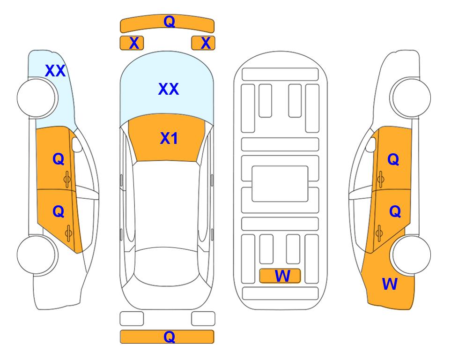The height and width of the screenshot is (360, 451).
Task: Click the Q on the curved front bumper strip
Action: (169, 22)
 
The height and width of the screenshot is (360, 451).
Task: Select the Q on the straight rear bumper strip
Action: (169, 337)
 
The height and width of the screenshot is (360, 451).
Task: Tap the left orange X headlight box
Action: (132, 43)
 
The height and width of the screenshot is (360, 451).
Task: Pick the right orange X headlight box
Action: (203, 43)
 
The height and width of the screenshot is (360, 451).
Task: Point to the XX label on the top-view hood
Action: (169, 89)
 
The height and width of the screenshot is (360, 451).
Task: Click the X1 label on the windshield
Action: (169, 138)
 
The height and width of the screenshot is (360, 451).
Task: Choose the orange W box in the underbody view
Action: (280, 276)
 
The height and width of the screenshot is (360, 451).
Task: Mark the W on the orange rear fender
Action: (390, 284)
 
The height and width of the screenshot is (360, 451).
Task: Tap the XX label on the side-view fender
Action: (55, 71)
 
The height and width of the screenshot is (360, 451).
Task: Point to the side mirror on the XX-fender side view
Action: (77, 144)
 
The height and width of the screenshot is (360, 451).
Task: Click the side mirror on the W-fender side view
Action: (371, 144)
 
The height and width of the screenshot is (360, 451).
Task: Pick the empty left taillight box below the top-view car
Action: (132, 319)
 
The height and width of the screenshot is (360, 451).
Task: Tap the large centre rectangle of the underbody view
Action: (280, 184)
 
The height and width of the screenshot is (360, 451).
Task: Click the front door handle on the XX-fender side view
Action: (67, 179)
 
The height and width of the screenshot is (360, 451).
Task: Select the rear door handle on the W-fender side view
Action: (379, 233)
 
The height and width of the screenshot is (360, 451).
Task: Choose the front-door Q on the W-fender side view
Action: (393, 159)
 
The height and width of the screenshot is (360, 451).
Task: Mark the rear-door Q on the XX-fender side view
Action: (59, 212)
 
